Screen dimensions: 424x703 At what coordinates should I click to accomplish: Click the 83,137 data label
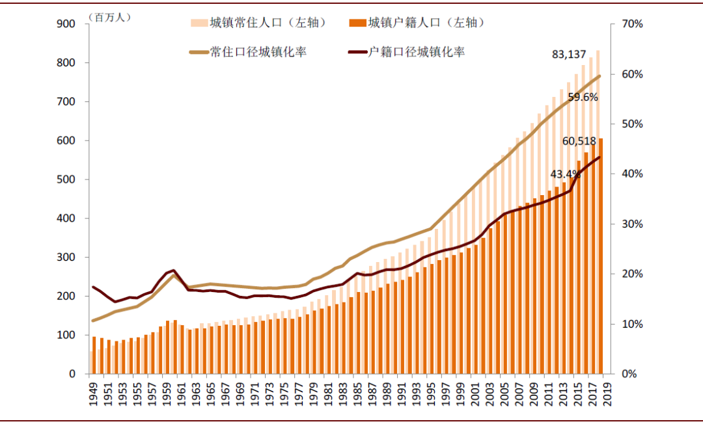(x=569, y=55)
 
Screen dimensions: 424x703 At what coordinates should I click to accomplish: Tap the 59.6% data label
(x=583, y=98)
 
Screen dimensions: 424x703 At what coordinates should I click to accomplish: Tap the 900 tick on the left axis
(x=68, y=24)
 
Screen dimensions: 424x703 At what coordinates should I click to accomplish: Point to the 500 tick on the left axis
(x=68, y=179)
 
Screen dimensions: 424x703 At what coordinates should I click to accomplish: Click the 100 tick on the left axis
(x=68, y=335)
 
